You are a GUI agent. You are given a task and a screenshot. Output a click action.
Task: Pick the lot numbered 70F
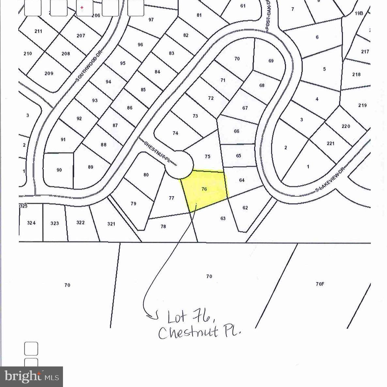point(320,284)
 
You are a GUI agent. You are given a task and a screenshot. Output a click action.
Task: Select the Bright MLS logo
point(32,377)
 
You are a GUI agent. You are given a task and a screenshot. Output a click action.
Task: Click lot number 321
point(111,224)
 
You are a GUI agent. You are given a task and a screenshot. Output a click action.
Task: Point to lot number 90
point(59,170)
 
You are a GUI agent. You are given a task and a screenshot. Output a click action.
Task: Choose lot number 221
point(331,143)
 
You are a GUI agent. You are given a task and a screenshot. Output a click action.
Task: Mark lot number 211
point(38,31)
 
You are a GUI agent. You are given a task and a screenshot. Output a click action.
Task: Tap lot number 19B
point(359,13)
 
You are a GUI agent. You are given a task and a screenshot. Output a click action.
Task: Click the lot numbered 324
point(31,223)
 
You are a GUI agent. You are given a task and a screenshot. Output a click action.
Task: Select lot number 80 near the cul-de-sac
point(146,175)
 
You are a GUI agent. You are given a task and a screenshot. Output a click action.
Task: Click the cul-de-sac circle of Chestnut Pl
point(178,165)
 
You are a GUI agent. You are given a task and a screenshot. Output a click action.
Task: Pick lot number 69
point(271,61)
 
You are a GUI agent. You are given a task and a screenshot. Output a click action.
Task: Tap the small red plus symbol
point(82,8)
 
